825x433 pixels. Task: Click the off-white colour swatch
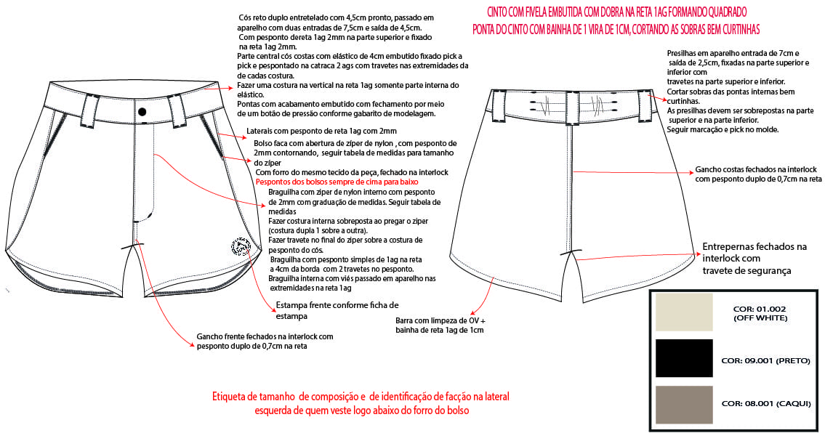pos(683,312)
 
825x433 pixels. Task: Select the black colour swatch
pos(683,358)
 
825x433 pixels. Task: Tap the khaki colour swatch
pos(683,404)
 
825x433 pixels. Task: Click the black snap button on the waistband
pos(142,111)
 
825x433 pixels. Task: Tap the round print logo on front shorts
pos(238,247)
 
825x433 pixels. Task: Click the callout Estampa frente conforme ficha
pos(337,310)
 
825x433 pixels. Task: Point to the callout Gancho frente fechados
pos(265,341)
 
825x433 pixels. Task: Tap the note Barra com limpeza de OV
pos(440,325)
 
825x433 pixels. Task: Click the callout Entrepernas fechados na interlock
pos(754,258)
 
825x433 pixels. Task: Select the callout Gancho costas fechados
pos(758,173)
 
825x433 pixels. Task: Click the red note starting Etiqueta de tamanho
pos(361,403)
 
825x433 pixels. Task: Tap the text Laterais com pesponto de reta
pos(321,131)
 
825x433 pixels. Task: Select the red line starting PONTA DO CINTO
pos(616,29)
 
